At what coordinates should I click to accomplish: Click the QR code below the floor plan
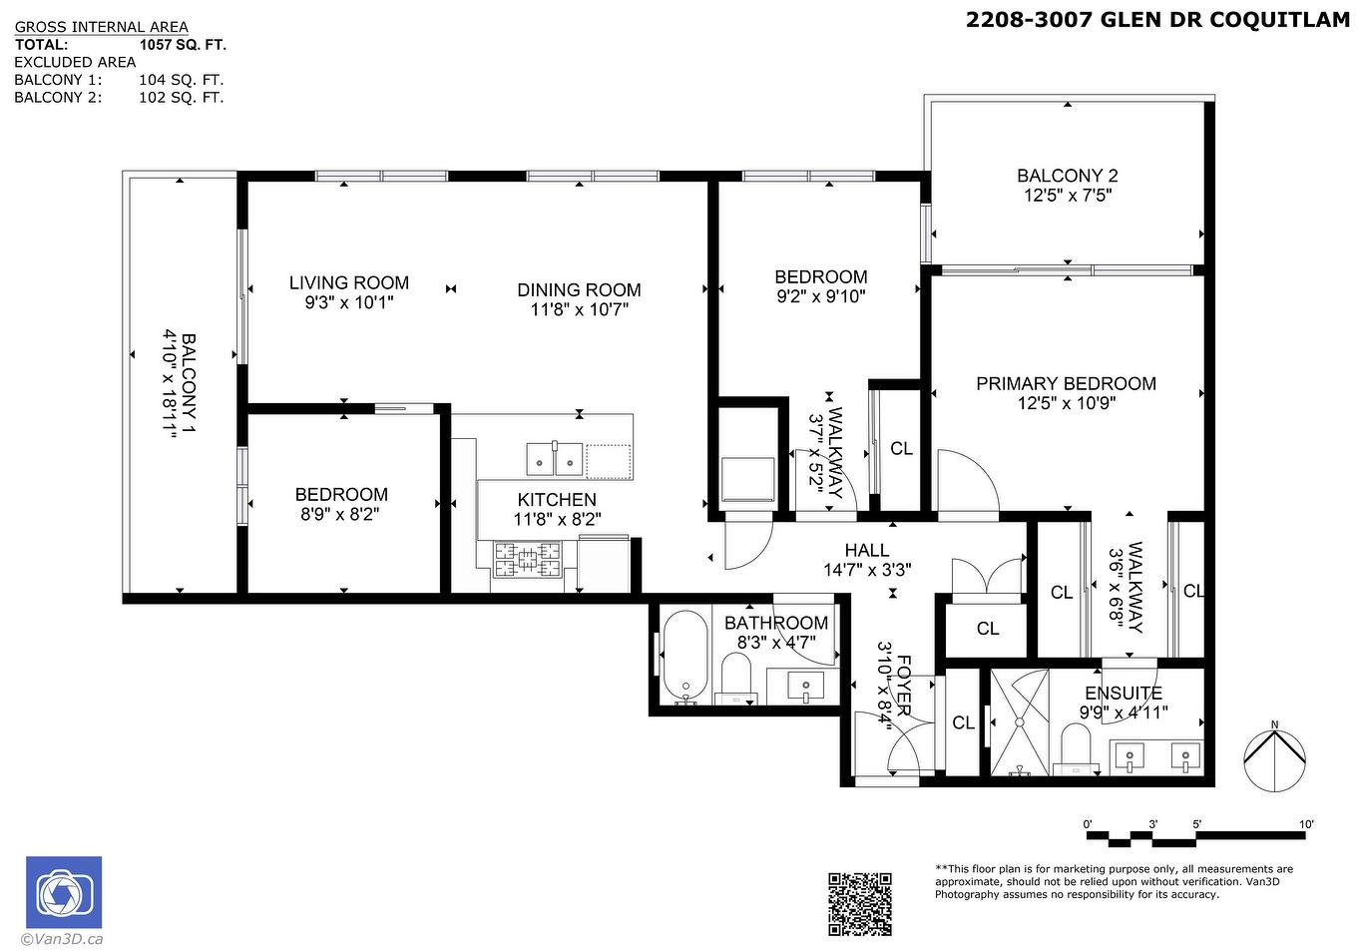859,903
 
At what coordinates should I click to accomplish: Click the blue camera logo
64,892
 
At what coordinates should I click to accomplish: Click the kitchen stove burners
528,561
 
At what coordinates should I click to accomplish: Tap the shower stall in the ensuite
1020,721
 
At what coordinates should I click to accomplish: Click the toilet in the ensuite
1077,747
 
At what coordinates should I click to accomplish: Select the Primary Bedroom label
1066,384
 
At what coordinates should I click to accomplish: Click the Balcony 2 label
1067,176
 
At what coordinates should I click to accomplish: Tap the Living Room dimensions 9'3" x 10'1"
349,302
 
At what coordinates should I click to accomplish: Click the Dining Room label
579,290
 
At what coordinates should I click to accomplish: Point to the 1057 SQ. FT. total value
183,45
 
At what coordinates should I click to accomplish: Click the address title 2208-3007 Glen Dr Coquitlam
1157,20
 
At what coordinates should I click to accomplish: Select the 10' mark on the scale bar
1306,824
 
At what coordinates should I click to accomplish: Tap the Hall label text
866,550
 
